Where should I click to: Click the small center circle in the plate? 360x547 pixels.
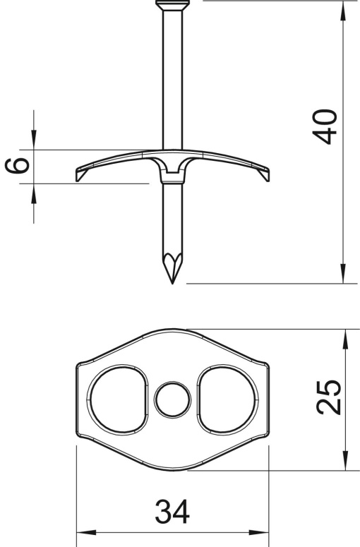(172, 399)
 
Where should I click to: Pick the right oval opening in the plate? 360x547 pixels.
(227, 399)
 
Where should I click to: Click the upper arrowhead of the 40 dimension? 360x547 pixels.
(343, 10)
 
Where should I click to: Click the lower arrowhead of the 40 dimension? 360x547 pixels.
(343, 275)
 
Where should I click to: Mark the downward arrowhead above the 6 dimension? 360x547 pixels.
(33, 140)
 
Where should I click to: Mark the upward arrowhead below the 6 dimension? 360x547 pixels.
(33, 192)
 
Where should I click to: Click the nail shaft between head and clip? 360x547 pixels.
(172, 78)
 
